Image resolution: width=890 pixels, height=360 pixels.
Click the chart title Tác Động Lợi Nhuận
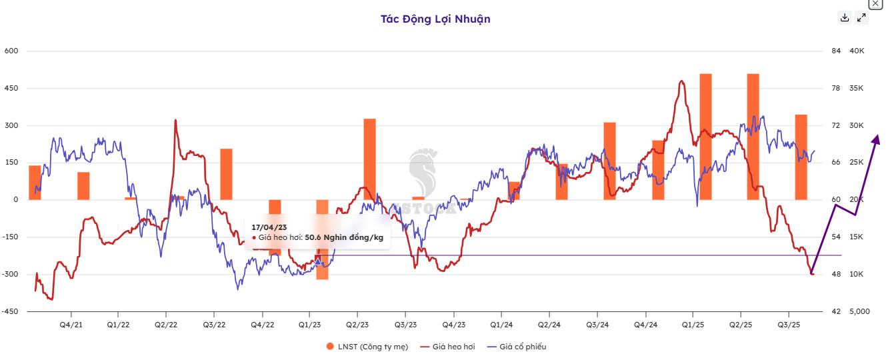tap(435, 19)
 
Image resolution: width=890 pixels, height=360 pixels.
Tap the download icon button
tap(845, 18)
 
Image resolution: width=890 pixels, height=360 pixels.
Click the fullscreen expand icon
tap(862, 18)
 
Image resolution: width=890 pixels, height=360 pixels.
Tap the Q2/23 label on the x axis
tap(357, 325)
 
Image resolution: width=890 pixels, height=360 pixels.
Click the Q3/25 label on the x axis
tap(789, 325)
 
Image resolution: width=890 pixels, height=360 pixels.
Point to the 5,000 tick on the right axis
tap(861, 311)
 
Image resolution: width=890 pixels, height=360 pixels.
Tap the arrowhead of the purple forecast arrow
tap(877, 139)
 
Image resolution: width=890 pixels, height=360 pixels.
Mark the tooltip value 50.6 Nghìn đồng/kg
tap(344, 237)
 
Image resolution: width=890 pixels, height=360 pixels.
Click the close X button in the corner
tap(875, 3)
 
